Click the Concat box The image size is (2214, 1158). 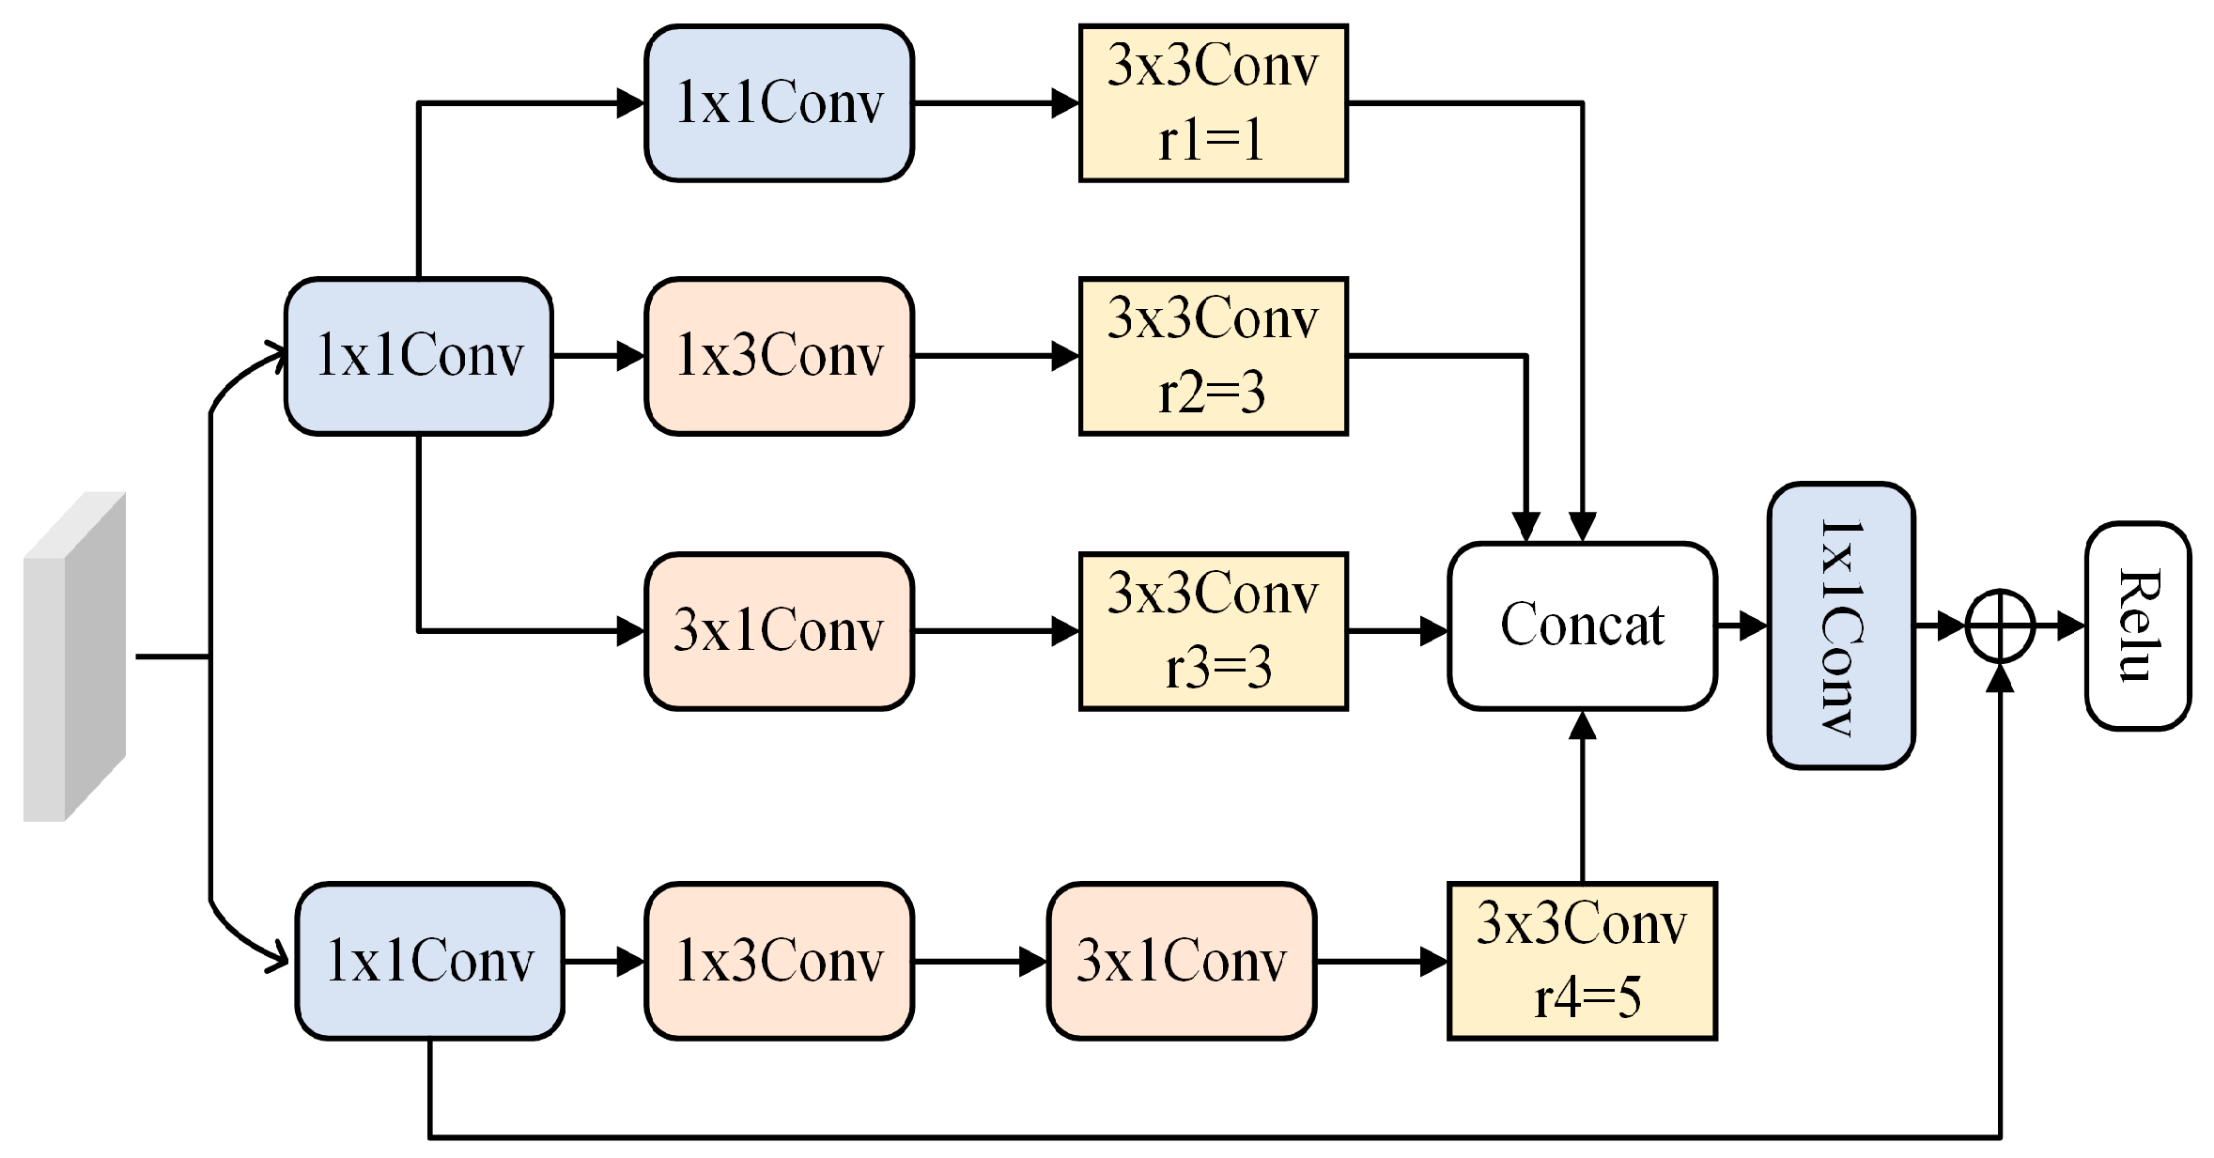tap(1581, 625)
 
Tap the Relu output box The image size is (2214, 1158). tap(2137, 625)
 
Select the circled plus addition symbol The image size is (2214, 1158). tap(2000, 625)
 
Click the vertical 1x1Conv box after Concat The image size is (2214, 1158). tap(1840, 625)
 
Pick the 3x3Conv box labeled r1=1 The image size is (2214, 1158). tap(1213, 102)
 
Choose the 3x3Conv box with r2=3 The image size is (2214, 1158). tap(1213, 355)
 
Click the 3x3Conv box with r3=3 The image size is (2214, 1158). tap(1213, 630)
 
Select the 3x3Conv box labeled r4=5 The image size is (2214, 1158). tap(1581, 960)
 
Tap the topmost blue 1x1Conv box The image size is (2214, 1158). tap(779, 102)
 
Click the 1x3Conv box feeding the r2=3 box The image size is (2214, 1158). tap(779, 355)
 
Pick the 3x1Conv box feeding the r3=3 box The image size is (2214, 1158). tap(779, 630)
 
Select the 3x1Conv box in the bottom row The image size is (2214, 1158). tap(1181, 960)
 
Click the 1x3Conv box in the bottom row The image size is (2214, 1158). tap(779, 960)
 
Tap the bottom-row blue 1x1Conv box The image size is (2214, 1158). tap(429, 960)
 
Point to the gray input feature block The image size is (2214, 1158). tap(74, 656)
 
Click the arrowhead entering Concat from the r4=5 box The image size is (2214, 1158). tap(1582, 725)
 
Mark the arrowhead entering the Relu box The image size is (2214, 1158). tap(2070, 625)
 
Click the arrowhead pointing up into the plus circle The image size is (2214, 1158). tap(2001, 678)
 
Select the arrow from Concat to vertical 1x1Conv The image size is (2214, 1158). tap(1742, 625)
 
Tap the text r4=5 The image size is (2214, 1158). tap(1587, 997)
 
